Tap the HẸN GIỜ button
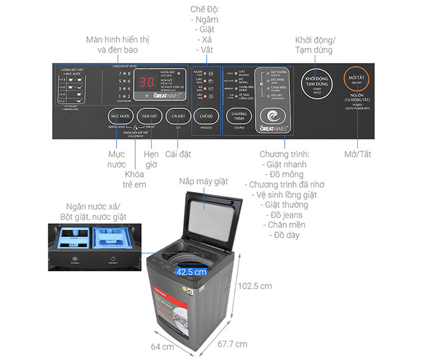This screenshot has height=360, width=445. coord(150,117)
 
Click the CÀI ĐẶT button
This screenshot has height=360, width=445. coord(177,117)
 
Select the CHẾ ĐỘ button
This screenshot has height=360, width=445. coord(206,117)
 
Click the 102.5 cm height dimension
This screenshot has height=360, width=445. coord(256,286)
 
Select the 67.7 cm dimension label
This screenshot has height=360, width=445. coord(232,344)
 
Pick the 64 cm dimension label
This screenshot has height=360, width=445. coord(162,347)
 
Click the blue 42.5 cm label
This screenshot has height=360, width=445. coord(192,272)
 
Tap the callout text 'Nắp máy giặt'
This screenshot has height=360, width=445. coord(203,181)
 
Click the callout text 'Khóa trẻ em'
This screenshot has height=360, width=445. coord(135,180)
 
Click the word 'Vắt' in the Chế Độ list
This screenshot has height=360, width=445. coord(205,50)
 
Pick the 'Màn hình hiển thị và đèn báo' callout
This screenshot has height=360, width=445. coord(112,45)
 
